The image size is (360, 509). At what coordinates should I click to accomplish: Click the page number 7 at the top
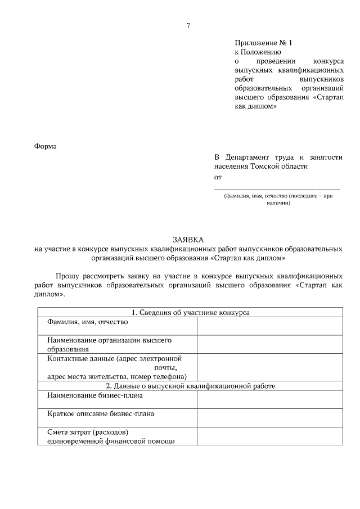(188, 25)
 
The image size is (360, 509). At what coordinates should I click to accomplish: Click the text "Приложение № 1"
(263, 43)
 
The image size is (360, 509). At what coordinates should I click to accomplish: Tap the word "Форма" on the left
(46, 147)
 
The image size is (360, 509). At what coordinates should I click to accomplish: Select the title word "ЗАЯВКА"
(188, 239)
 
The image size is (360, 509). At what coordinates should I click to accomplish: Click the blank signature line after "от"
(278, 189)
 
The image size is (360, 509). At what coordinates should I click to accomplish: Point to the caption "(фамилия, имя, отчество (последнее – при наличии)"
(278, 200)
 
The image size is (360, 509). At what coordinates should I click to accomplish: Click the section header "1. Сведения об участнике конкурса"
(190, 312)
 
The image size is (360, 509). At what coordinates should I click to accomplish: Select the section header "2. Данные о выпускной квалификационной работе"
(190, 386)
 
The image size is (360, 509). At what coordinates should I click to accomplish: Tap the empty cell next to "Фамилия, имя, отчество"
(269, 326)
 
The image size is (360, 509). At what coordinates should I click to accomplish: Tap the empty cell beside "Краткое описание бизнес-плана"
(269, 418)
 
